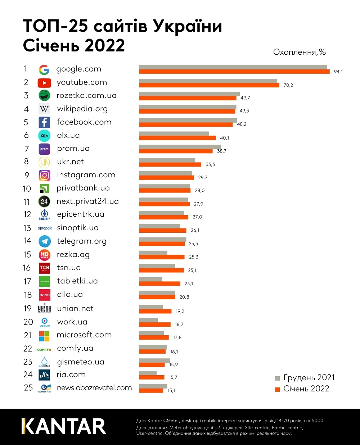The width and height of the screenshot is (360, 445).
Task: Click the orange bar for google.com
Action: tap(234, 72)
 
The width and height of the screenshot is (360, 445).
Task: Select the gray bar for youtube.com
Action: tap(208, 81)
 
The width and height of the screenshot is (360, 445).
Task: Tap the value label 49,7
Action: tap(245, 98)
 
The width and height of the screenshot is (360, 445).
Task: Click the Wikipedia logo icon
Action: tap(44, 109)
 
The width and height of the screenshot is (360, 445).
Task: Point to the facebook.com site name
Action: tap(84, 122)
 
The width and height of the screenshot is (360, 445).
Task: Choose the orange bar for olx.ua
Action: tap(177, 138)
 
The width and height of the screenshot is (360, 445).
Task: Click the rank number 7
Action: tap(27, 149)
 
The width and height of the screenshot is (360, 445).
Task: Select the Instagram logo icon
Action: tap(44, 175)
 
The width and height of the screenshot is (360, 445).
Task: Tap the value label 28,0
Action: tap(199, 191)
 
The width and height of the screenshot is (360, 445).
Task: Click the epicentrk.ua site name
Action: tap(80, 214)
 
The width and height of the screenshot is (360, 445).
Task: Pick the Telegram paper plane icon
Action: tap(45, 241)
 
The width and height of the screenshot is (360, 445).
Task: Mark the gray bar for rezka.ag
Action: tap(153, 253)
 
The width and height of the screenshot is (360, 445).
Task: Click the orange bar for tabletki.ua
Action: tap(159, 283)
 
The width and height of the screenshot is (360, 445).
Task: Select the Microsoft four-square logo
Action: tap(44, 336)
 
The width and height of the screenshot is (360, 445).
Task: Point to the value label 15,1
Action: tap(171, 391)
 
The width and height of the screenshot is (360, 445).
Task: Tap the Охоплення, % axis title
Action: tap(299, 52)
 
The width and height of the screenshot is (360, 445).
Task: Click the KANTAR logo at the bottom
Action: tap(64, 426)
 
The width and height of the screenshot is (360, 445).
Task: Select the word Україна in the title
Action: tap(188, 26)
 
